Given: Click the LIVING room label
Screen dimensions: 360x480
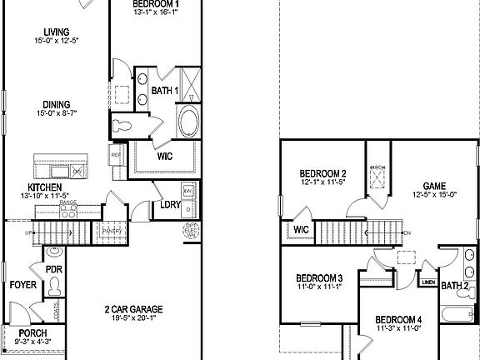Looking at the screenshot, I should (x=56, y=32).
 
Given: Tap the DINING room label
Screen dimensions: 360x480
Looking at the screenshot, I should (x=56, y=105).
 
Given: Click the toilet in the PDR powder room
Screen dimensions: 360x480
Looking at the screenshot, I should (x=56, y=286).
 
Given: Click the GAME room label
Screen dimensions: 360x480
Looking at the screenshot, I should (x=434, y=187).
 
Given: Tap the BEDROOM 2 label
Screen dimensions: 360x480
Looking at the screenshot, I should (x=322, y=174).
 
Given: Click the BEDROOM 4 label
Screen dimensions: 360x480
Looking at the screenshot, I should (x=397, y=319).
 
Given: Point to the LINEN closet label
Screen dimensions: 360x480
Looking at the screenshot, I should (x=427, y=282).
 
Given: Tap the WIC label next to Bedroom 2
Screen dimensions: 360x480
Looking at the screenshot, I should (x=301, y=231).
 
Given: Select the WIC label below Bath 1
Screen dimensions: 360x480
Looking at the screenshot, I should (x=164, y=155).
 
